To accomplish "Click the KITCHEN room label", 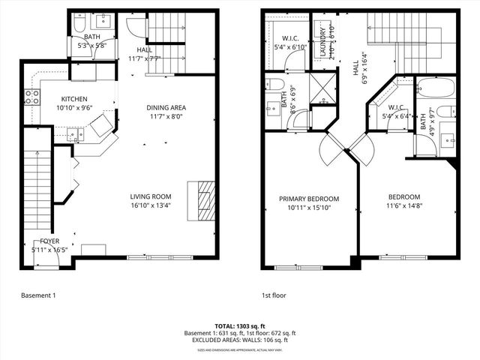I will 75,99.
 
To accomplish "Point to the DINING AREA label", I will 166,107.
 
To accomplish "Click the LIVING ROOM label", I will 151,196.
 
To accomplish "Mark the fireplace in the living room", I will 205,197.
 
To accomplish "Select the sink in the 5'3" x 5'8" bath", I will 103,21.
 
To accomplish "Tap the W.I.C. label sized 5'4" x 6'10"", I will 292,39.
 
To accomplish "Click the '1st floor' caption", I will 274,295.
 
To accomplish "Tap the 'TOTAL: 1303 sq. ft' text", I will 240,326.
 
